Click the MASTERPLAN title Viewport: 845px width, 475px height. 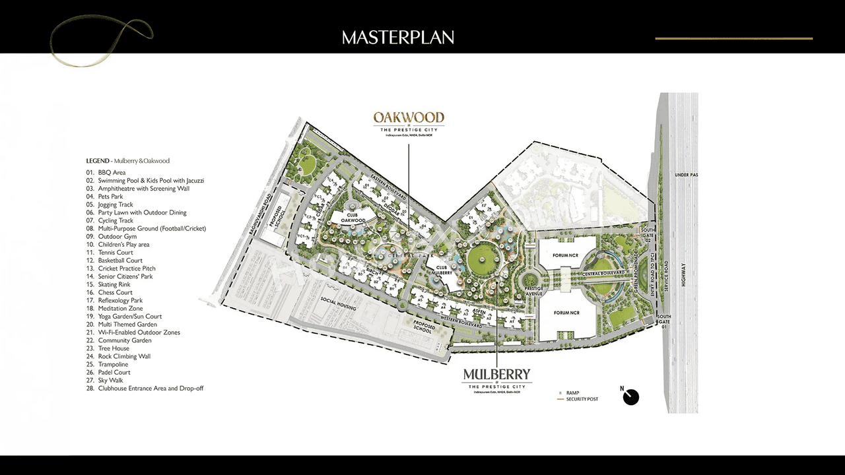click(x=398, y=38)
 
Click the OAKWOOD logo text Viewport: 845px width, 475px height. click(x=409, y=117)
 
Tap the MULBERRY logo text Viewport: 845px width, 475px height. click(x=496, y=375)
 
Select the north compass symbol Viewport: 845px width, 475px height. click(x=631, y=396)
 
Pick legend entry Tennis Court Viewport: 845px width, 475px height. click(x=116, y=253)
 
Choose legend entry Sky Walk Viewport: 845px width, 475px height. click(x=113, y=381)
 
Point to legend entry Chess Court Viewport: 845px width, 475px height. click(x=116, y=292)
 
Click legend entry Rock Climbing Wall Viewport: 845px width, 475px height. click(x=124, y=356)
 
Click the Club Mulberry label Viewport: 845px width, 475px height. click(x=440, y=270)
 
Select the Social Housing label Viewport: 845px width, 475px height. click(x=339, y=304)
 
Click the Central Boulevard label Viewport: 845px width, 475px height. click(x=603, y=273)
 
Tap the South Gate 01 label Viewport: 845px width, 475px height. click(x=663, y=321)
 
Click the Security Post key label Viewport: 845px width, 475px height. click(x=582, y=399)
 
